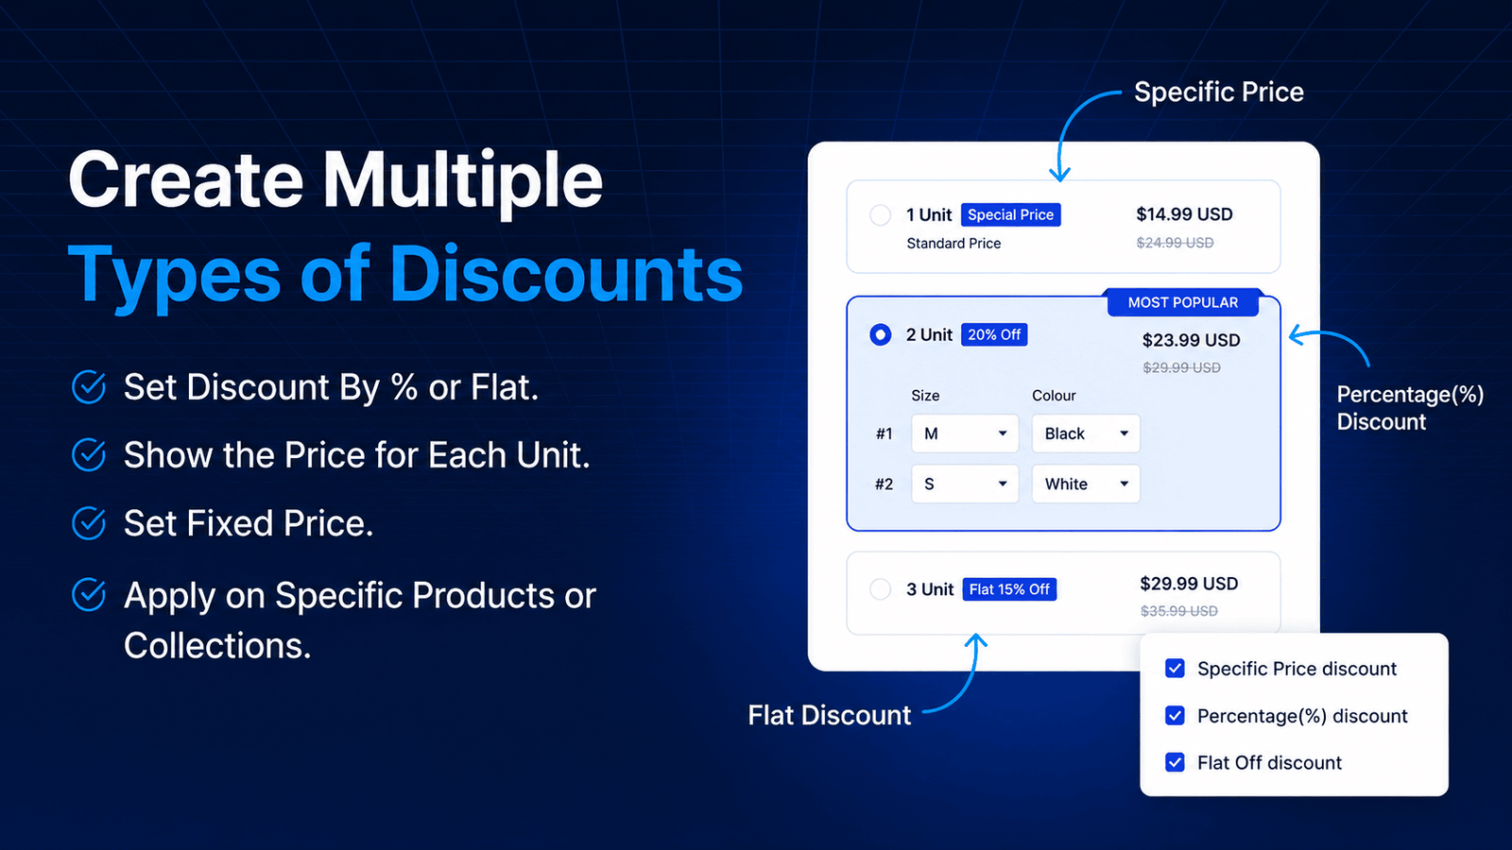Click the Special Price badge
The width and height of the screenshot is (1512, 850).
tap(1010, 214)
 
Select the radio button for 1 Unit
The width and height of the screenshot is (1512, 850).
tap(880, 215)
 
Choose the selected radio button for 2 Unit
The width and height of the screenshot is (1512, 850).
tap(880, 334)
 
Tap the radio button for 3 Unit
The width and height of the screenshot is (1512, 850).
tap(880, 589)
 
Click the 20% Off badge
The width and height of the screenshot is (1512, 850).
tap(994, 334)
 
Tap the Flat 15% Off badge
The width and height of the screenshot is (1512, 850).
tap(1009, 589)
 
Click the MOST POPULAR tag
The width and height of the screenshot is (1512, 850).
tap(1183, 302)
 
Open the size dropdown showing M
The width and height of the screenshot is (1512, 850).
tap(965, 433)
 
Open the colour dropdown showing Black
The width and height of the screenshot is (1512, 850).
tap(1086, 433)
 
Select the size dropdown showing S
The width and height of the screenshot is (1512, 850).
tap(965, 484)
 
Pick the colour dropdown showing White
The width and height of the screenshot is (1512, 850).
tap(1086, 484)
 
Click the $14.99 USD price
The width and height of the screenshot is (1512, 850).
tap(1185, 214)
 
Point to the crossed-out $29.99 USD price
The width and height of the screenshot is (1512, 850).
tap(1181, 367)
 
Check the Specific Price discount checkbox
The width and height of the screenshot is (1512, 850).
tap(1175, 669)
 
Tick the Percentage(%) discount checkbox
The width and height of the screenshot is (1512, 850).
tap(1175, 715)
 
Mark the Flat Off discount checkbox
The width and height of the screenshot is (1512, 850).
tap(1175, 762)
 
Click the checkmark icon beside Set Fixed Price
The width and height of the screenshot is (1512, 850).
tap(89, 523)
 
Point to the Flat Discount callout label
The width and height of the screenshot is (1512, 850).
tap(829, 715)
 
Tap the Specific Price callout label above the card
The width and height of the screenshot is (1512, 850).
tap(1218, 92)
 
